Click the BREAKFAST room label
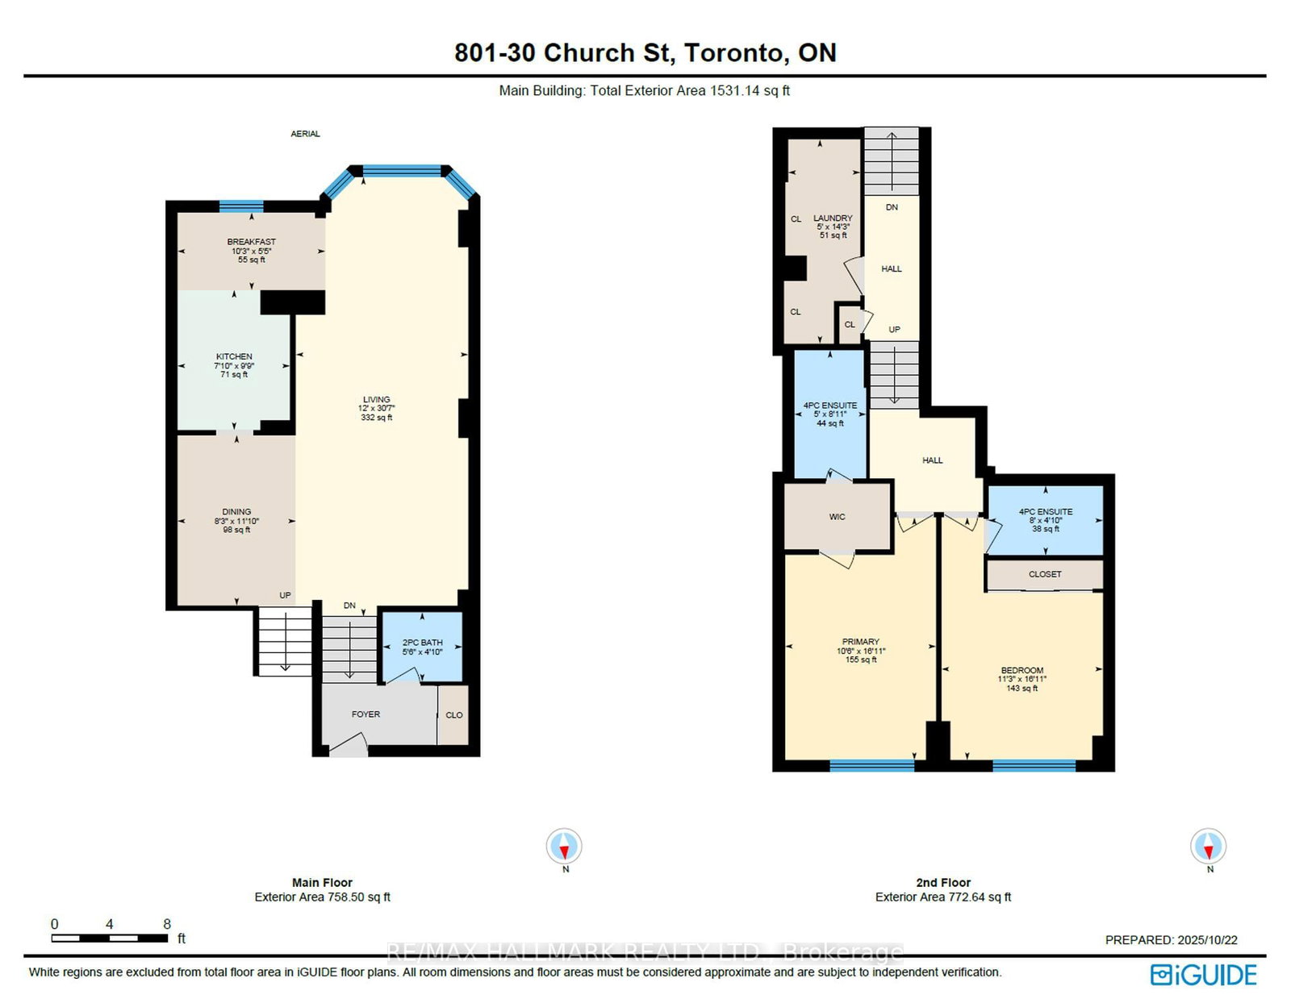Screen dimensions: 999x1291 pyautogui.click(x=251, y=242)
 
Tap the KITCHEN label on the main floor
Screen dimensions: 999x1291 pyautogui.click(x=234, y=356)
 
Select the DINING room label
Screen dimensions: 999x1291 pyautogui.click(x=236, y=512)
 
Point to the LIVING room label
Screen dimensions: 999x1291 pyautogui.click(x=376, y=399)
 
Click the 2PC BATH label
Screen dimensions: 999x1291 pyautogui.click(x=422, y=643)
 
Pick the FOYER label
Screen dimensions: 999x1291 pyautogui.click(x=366, y=714)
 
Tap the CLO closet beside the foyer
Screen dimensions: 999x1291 pyautogui.click(x=454, y=715)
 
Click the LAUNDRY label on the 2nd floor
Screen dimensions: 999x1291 pyautogui.click(x=833, y=219)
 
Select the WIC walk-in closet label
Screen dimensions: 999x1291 pyautogui.click(x=837, y=517)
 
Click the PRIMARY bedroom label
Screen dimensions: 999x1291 pyautogui.click(x=860, y=642)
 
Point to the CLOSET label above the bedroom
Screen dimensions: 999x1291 pyautogui.click(x=1045, y=574)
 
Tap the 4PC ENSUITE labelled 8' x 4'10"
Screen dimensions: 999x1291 pyautogui.click(x=1046, y=512)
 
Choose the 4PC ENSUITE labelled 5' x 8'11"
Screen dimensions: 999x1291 pyautogui.click(x=829, y=406)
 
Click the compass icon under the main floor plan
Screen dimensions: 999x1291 pyautogui.click(x=564, y=847)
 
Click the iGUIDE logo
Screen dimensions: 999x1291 pyautogui.click(x=1203, y=975)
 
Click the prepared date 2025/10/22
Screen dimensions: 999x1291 pyautogui.click(x=1207, y=940)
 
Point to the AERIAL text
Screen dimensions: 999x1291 pyautogui.click(x=305, y=134)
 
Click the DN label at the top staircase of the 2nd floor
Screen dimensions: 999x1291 pyautogui.click(x=892, y=207)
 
